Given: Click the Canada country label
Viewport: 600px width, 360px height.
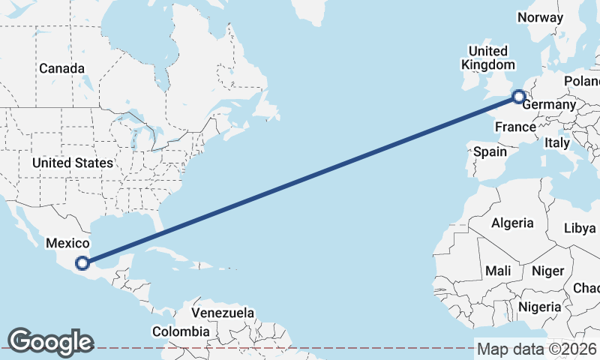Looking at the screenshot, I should (x=61, y=68).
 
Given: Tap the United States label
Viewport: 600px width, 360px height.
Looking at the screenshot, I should (x=73, y=163).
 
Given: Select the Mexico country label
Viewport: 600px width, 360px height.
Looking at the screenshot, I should (x=67, y=244).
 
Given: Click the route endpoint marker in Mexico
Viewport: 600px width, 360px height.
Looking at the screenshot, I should (x=82, y=263).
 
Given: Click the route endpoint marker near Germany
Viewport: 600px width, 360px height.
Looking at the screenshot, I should (x=518, y=96).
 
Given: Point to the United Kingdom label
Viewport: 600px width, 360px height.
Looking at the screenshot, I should (x=488, y=58).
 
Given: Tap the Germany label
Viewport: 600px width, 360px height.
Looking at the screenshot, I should (x=547, y=105).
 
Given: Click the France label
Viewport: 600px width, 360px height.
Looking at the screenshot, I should (x=515, y=127).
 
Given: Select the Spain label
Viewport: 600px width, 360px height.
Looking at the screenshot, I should (x=490, y=151).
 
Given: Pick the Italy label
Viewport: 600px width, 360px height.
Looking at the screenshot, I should (x=557, y=142).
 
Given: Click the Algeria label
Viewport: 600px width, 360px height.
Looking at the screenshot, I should (x=512, y=223).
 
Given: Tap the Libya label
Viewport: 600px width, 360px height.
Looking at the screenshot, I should (x=579, y=227).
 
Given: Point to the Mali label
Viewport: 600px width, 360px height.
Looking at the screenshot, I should (x=498, y=271).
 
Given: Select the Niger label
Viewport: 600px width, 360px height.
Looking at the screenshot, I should (x=547, y=271).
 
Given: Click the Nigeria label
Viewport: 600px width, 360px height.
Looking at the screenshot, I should (x=539, y=307).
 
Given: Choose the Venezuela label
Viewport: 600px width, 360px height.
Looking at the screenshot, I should (x=223, y=313).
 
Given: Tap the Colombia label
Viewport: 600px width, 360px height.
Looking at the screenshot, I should (x=181, y=331).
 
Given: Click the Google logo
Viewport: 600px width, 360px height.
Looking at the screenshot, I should (x=50, y=342).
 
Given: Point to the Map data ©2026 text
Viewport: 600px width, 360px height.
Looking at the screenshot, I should (x=536, y=349).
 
